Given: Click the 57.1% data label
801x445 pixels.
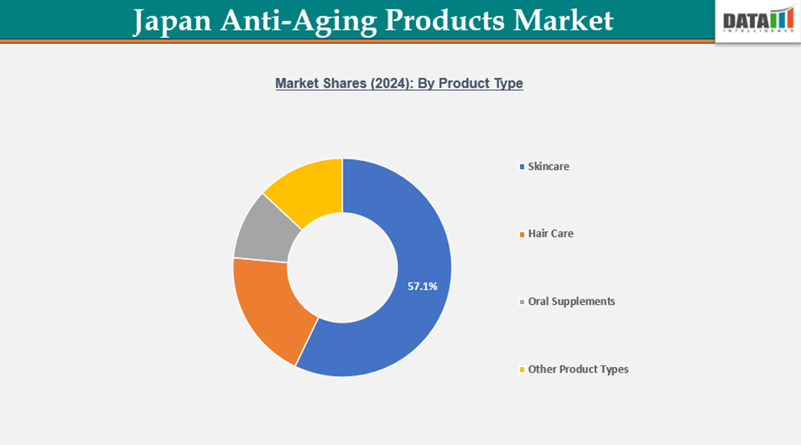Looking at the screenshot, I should click(x=423, y=286).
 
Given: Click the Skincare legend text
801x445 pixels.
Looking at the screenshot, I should click(x=548, y=167).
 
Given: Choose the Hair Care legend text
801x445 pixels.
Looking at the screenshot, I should click(x=551, y=233).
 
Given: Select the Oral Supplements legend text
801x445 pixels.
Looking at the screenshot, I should click(x=572, y=302).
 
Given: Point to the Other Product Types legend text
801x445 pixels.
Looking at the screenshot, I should click(x=578, y=369).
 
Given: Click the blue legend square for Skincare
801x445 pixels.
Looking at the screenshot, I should click(x=522, y=167).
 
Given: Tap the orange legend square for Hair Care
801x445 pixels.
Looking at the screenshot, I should click(x=522, y=234).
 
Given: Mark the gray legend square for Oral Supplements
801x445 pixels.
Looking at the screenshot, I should click(x=522, y=303).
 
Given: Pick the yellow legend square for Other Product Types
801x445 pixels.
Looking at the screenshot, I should click(x=522, y=370).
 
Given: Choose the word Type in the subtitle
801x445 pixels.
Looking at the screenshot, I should click(x=507, y=83).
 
